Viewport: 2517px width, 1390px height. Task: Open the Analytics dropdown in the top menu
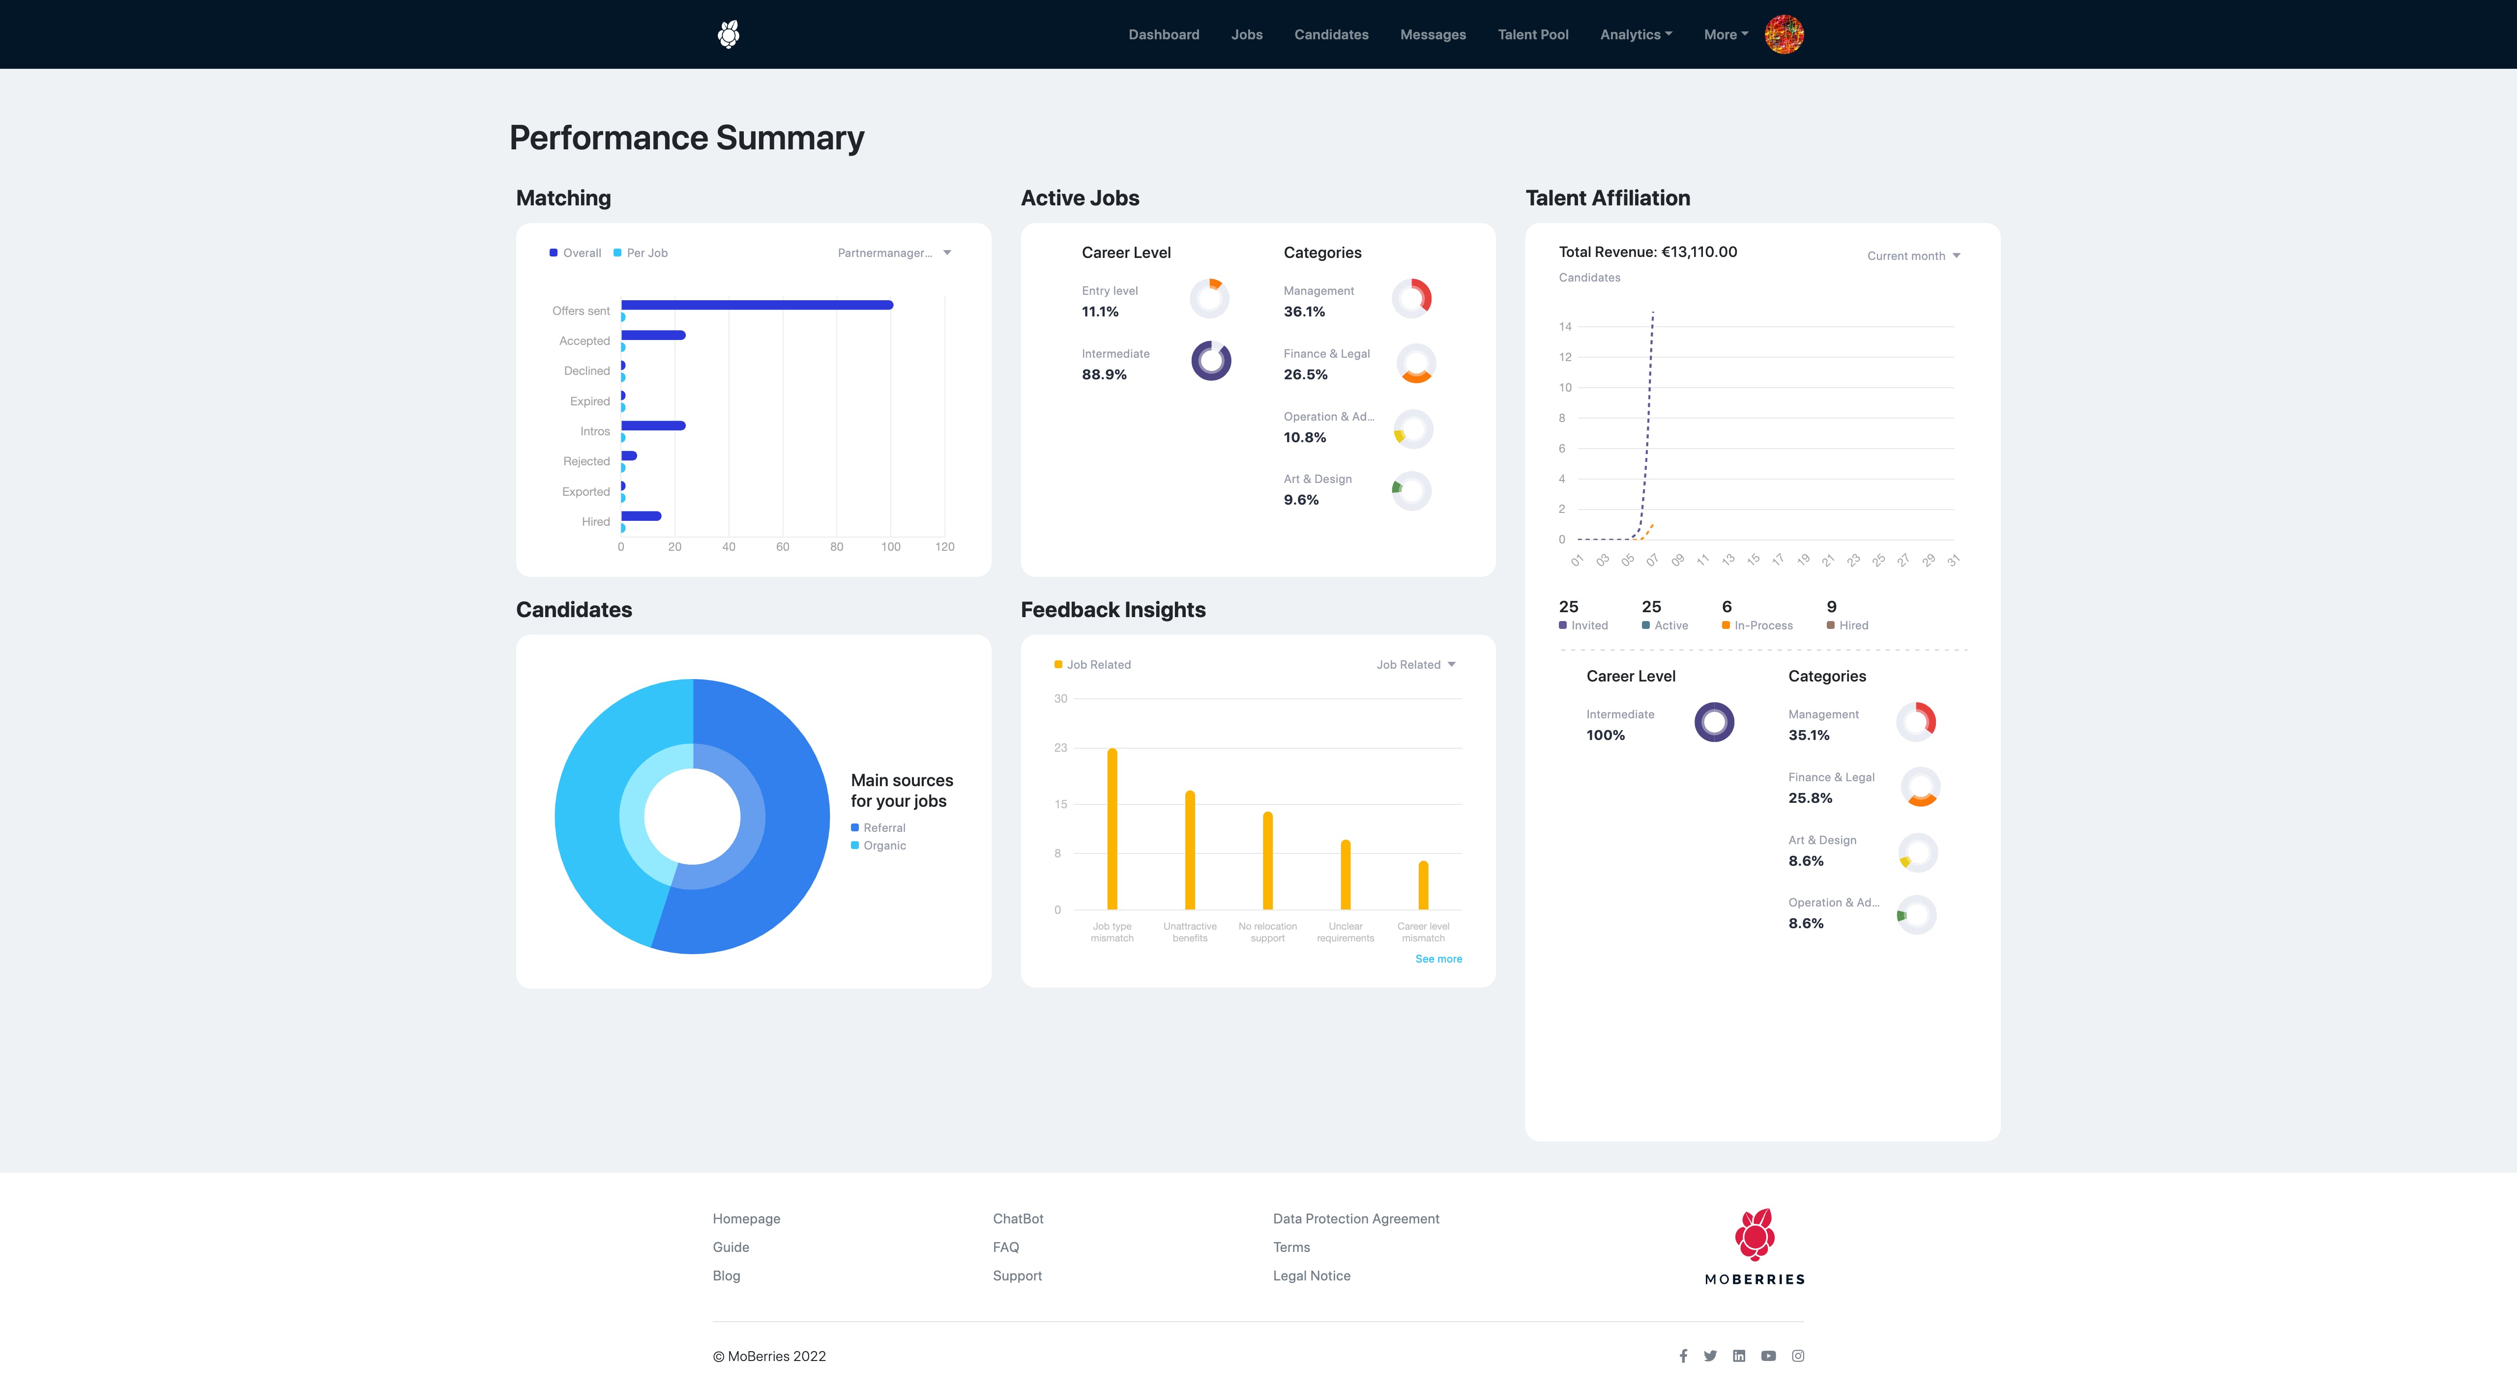tap(1636, 34)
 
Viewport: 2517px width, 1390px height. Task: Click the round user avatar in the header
tap(1784, 34)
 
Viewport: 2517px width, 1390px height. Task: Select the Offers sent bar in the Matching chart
tap(757, 305)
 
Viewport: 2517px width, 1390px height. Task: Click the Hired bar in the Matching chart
tap(641, 516)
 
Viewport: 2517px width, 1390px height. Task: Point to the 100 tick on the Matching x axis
tap(890, 547)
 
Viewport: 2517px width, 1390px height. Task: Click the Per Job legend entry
tap(641, 253)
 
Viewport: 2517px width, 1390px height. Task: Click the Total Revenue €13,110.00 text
tap(1647, 252)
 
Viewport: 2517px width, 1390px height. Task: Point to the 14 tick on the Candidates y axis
tap(1565, 326)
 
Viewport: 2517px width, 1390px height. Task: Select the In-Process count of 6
tap(1727, 607)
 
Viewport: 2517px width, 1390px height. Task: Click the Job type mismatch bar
tap(1112, 828)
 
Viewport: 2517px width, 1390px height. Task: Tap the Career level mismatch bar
tap(1424, 885)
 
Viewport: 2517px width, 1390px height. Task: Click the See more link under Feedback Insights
tap(1438, 959)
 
